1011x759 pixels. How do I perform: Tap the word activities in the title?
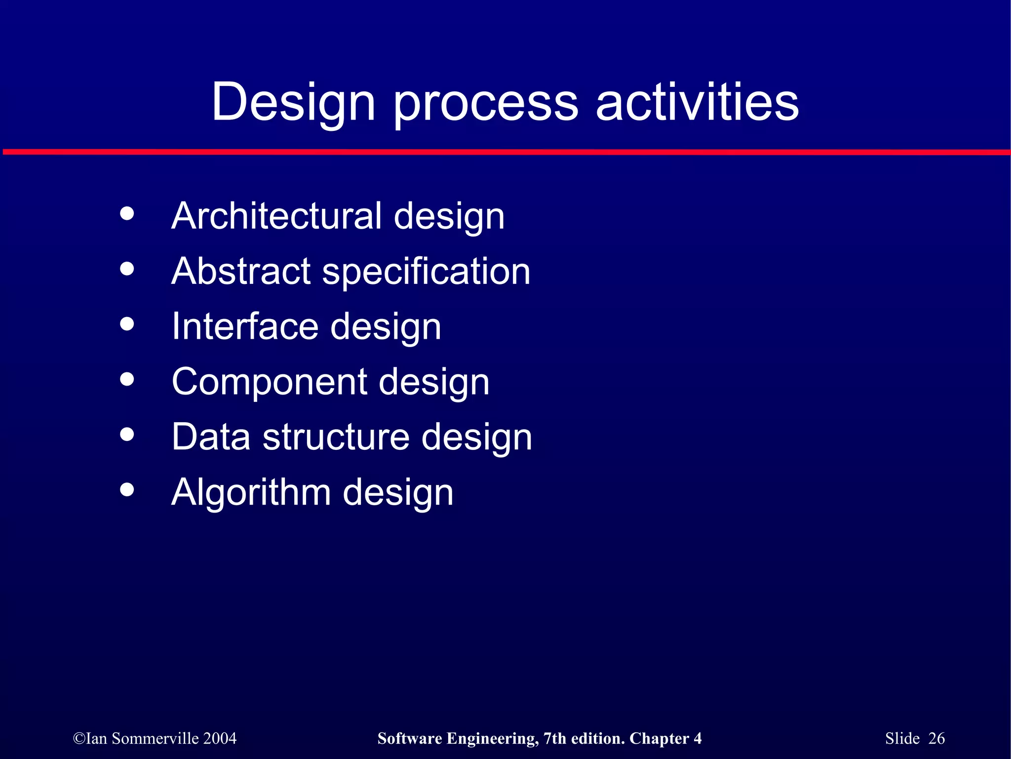pyautogui.click(x=697, y=102)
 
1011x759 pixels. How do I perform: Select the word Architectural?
pyautogui.click(x=276, y=216)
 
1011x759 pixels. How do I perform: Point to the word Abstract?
pyautogui.click(x=241, y=271)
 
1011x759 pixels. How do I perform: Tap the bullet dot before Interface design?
pyautogui.click(x=127, y=324)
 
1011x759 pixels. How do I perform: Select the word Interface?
pyautogui.click(x=245, y=326)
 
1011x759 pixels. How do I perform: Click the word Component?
pyautogui.click(x=269, y=383)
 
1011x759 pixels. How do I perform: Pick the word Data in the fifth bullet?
pyautogui.click(x=211, y=437)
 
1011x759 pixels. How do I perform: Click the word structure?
pyautogui.click(x=336, y=437)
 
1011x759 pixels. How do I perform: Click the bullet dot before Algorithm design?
pyautogui.click(x=127, y=489)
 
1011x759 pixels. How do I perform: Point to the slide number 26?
pyautogui.click(x=936, y=738)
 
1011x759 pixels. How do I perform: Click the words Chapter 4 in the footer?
pyautogui.click(x=665, y=738)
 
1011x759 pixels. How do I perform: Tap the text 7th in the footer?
pyautogui.click(x=554, y=738)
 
